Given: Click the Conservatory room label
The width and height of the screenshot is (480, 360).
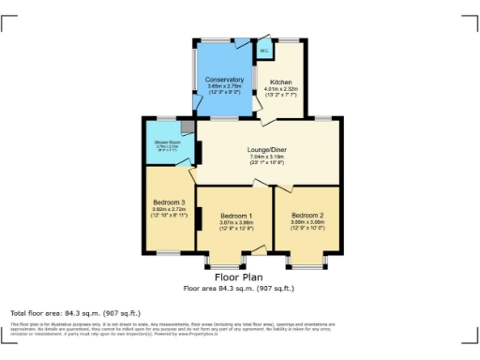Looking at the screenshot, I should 224,80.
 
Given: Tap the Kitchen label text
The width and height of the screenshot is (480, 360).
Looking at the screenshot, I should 281,82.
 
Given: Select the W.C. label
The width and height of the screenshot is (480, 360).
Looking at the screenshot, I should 265,51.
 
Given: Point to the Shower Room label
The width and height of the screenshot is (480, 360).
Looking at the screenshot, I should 169,142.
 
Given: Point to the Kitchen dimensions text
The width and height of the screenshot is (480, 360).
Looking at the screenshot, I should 281,91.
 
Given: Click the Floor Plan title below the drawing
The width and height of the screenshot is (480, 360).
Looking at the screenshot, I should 240,278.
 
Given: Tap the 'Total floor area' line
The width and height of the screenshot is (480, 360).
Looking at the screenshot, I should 74,312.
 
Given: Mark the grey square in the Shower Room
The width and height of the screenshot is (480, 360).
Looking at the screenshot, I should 187,126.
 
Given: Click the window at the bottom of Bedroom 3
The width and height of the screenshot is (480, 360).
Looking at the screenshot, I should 170,253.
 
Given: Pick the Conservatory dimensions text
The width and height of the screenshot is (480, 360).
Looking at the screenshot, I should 224,88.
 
